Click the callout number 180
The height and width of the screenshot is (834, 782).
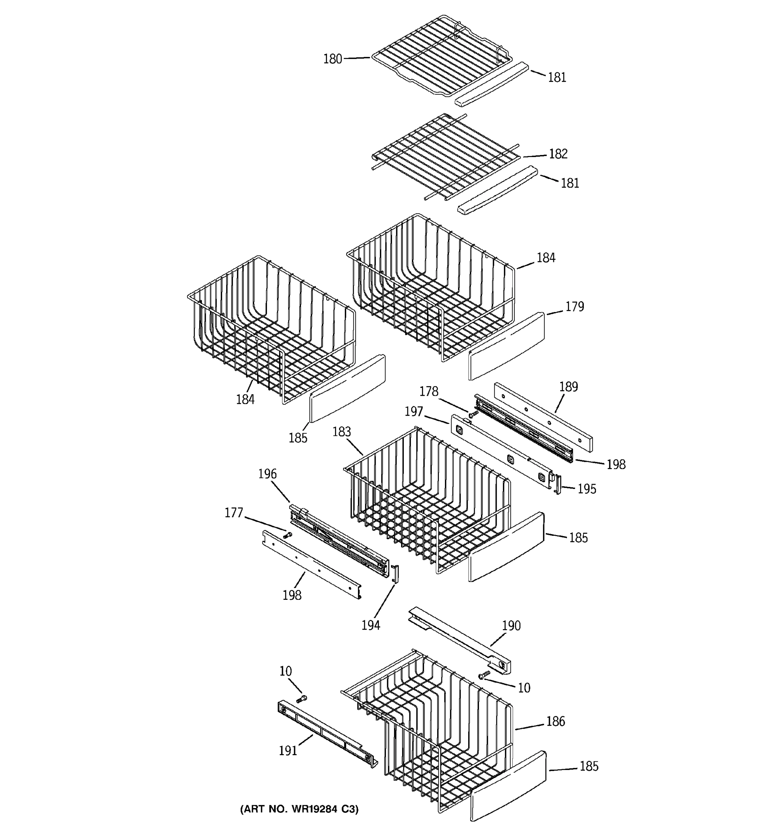coord(332,59)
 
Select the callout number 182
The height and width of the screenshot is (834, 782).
coord(558,154)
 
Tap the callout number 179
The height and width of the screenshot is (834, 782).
coord(574,306)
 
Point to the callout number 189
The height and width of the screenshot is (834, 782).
coord(569,387)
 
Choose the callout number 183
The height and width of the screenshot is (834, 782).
coord(342,432)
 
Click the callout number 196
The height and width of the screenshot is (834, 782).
coord(267,474)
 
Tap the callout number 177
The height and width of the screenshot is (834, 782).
coord(234,513)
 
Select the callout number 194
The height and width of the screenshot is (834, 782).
coord(371,625)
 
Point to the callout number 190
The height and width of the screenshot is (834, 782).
coord(511,625)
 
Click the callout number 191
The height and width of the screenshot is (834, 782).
coord(288,751)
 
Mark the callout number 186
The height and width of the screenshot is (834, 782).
coord(555,721)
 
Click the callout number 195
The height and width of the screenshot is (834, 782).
coord(587,489)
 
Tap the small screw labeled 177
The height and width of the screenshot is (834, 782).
coord(288,535)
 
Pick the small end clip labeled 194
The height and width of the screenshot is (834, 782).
coord(395,573)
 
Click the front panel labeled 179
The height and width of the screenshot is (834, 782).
coord(506,346)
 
